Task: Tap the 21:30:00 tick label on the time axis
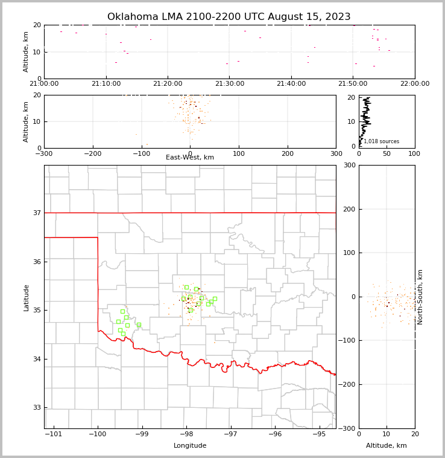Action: pyautogui.click(x=229, y=84)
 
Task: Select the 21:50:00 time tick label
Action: pyautogui.click(x=353, y=84)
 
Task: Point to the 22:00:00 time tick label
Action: pyautogui.click(x=414, y=84)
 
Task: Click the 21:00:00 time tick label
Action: pyautogui.click(x=44, y=84)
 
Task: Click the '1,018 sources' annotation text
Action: pyautogui.click(x=381, y=141)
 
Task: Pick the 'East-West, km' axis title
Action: pyautogui.click(x=190, y=158)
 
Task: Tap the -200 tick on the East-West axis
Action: pyautogui.click(x=92, y=153)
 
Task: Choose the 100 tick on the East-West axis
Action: pyautogui.click(x=239, y=153)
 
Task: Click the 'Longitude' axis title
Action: pyautogui.click(x=190, y=446)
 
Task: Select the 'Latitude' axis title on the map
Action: pyautogui.click(x=26, y=297)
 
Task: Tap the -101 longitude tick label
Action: pyautogui.click(x=54, y=434)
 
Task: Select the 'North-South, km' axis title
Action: pyautogui.click(x=420, y=297)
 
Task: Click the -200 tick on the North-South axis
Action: pyautogui.click(x=347, y=385)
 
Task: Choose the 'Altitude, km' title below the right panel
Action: pyautogui.click(x=387, y=446)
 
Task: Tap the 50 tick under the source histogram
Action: pyautogui.click(x=387, y=153)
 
